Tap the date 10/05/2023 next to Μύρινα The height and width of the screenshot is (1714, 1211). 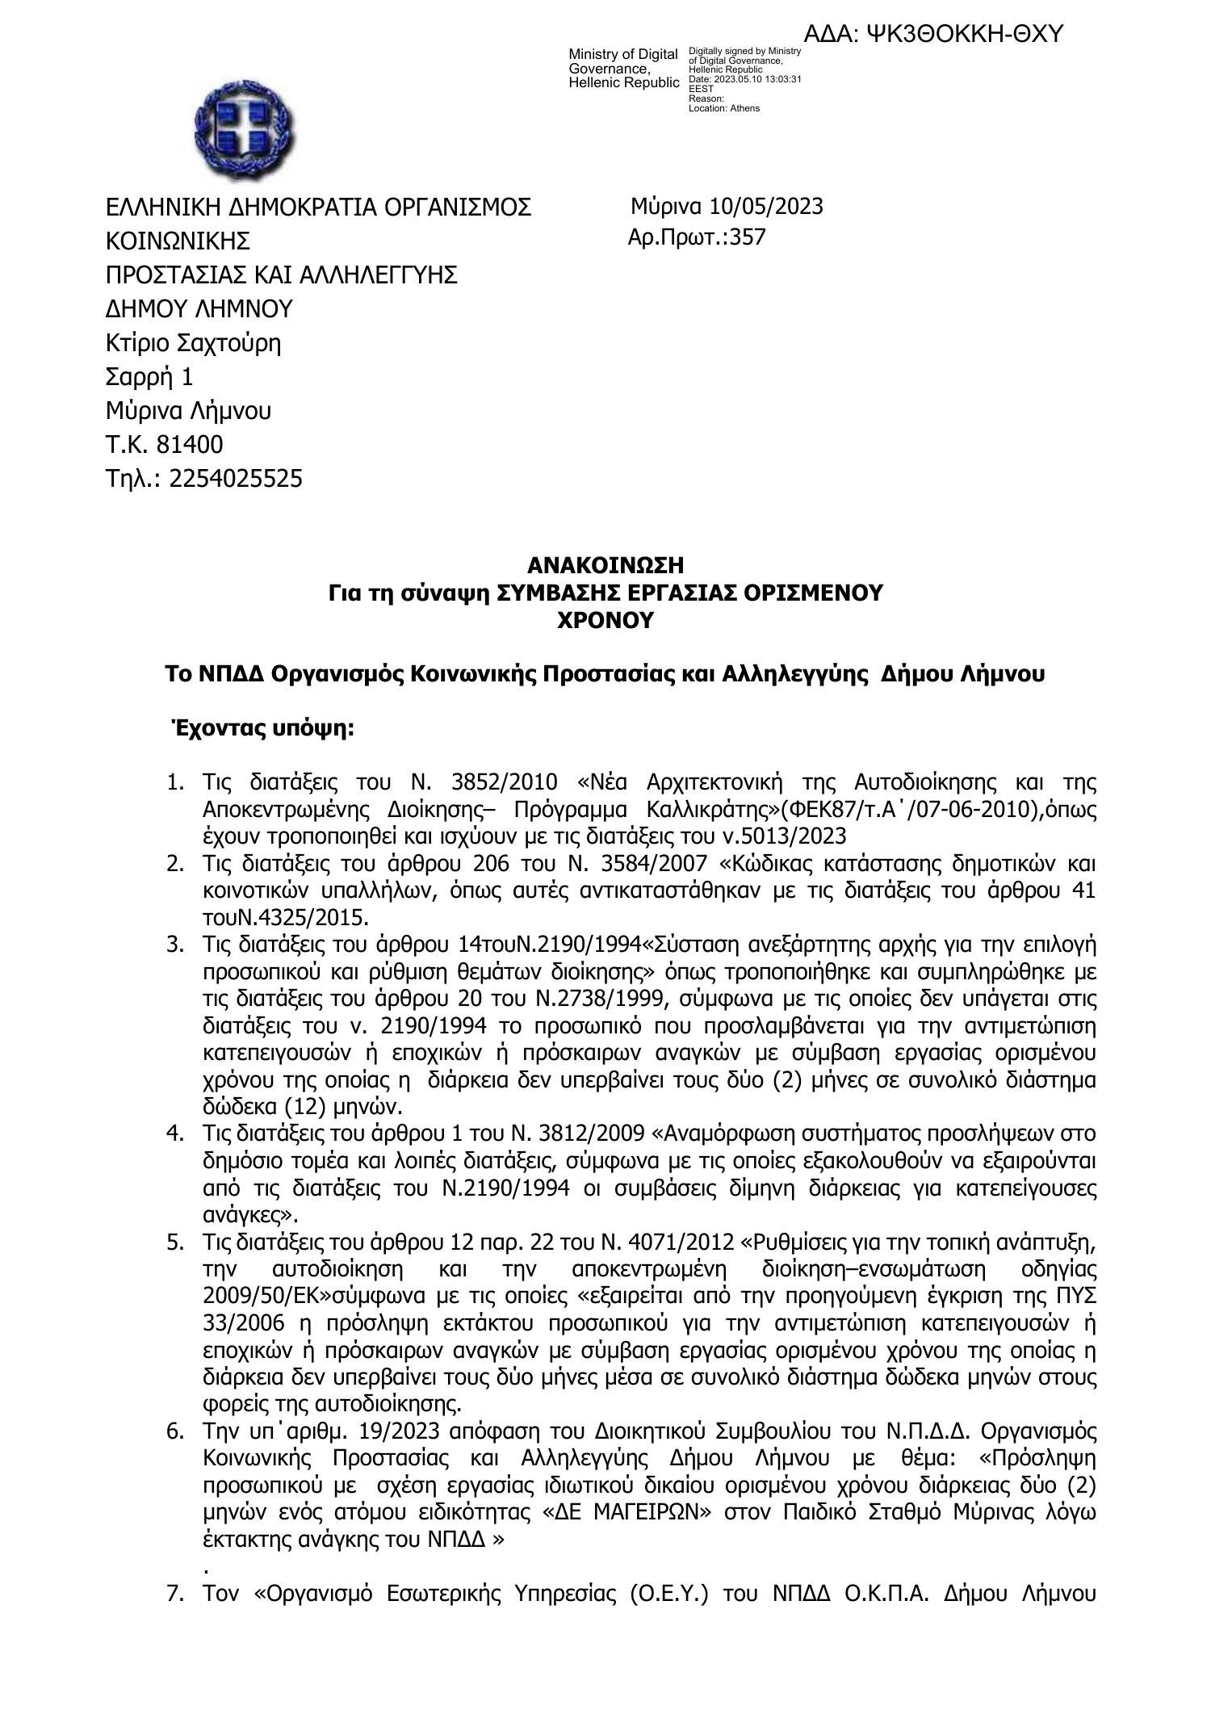766,207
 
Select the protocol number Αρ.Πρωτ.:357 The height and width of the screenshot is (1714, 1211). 696,237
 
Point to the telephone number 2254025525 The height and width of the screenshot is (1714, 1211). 236,479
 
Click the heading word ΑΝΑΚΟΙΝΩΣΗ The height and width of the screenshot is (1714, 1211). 605,564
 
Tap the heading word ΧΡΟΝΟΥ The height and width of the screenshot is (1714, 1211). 605,621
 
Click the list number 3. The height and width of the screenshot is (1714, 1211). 174,945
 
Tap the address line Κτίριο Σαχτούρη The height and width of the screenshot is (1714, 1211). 194,343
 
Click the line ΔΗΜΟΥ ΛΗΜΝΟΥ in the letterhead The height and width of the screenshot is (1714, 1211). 199,309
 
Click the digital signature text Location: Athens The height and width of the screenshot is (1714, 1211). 723,108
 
